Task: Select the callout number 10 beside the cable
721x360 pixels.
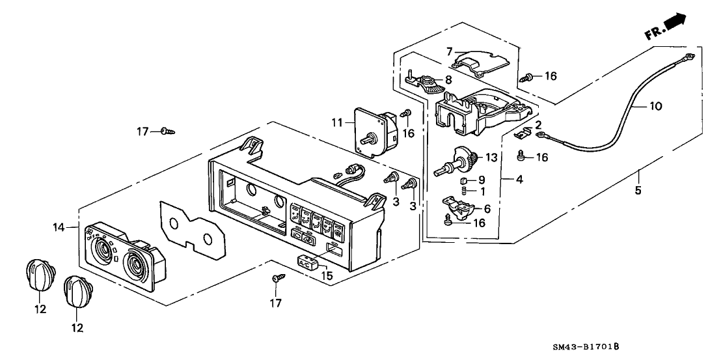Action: coord(656,105)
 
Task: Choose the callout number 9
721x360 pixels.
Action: coord(482,179)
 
